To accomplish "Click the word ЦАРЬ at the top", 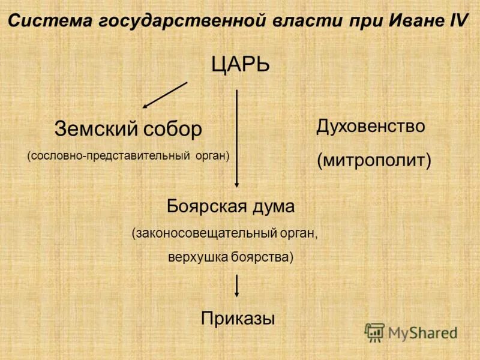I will coord(240,64).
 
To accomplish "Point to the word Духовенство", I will coord(371,127).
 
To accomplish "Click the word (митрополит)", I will coord(374,160).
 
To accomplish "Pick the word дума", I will coord(274,208).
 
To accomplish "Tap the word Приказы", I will coord(238,318).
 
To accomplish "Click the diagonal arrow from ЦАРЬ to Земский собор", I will coord(165,95).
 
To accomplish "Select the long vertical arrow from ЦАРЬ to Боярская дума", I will coord(237,138).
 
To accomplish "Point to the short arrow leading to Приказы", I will coord(237,285).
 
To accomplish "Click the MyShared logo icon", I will coord(374,331).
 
